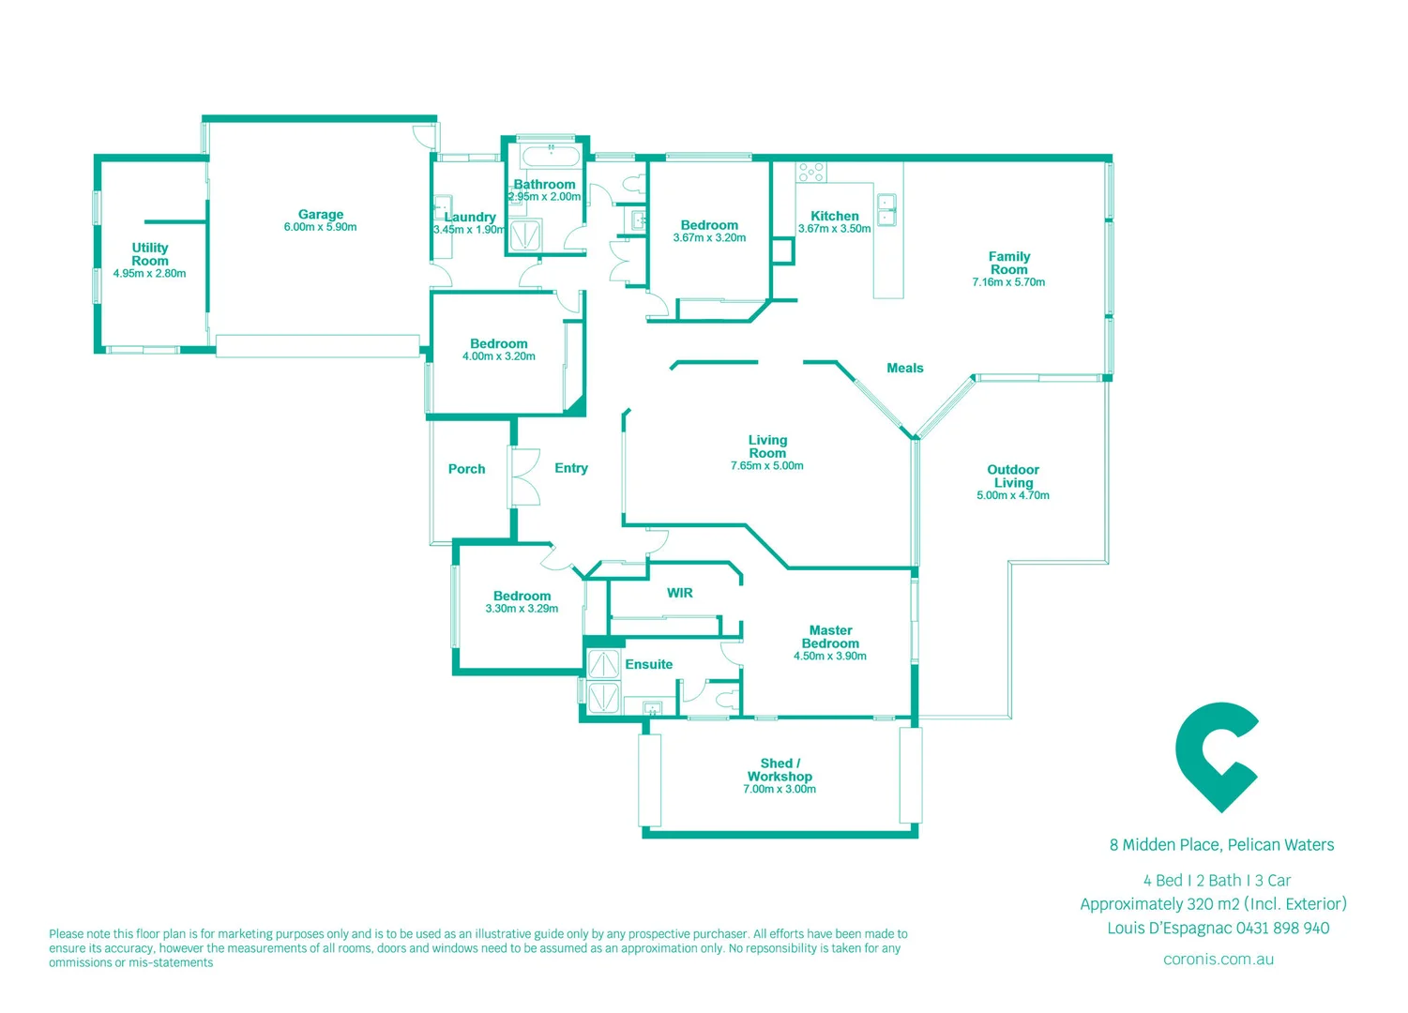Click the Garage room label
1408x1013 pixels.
(x=321, y=215)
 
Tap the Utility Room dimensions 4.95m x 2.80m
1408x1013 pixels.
(x=150, y=274)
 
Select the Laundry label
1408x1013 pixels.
(x=470, y=217)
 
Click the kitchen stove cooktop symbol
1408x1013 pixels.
(x=811, y=173)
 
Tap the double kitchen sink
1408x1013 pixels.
(x=886, y=209)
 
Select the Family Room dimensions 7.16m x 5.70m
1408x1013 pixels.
(x=1008, y=282)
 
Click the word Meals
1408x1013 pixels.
(x=905, y=369)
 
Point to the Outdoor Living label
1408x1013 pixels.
(x=1013, y=476)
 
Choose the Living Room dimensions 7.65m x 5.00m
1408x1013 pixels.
(x=767, y=466)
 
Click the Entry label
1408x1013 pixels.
(x=571, y=468)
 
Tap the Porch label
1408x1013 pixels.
(x=467, y=469)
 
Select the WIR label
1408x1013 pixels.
(x=680, y=593)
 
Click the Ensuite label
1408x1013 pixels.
(x=649, y=664)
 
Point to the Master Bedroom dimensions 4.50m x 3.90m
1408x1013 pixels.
(x=830, y=657)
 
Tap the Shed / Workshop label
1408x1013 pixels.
(x=780, y=770)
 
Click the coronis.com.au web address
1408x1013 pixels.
(x=1219, y=959)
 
